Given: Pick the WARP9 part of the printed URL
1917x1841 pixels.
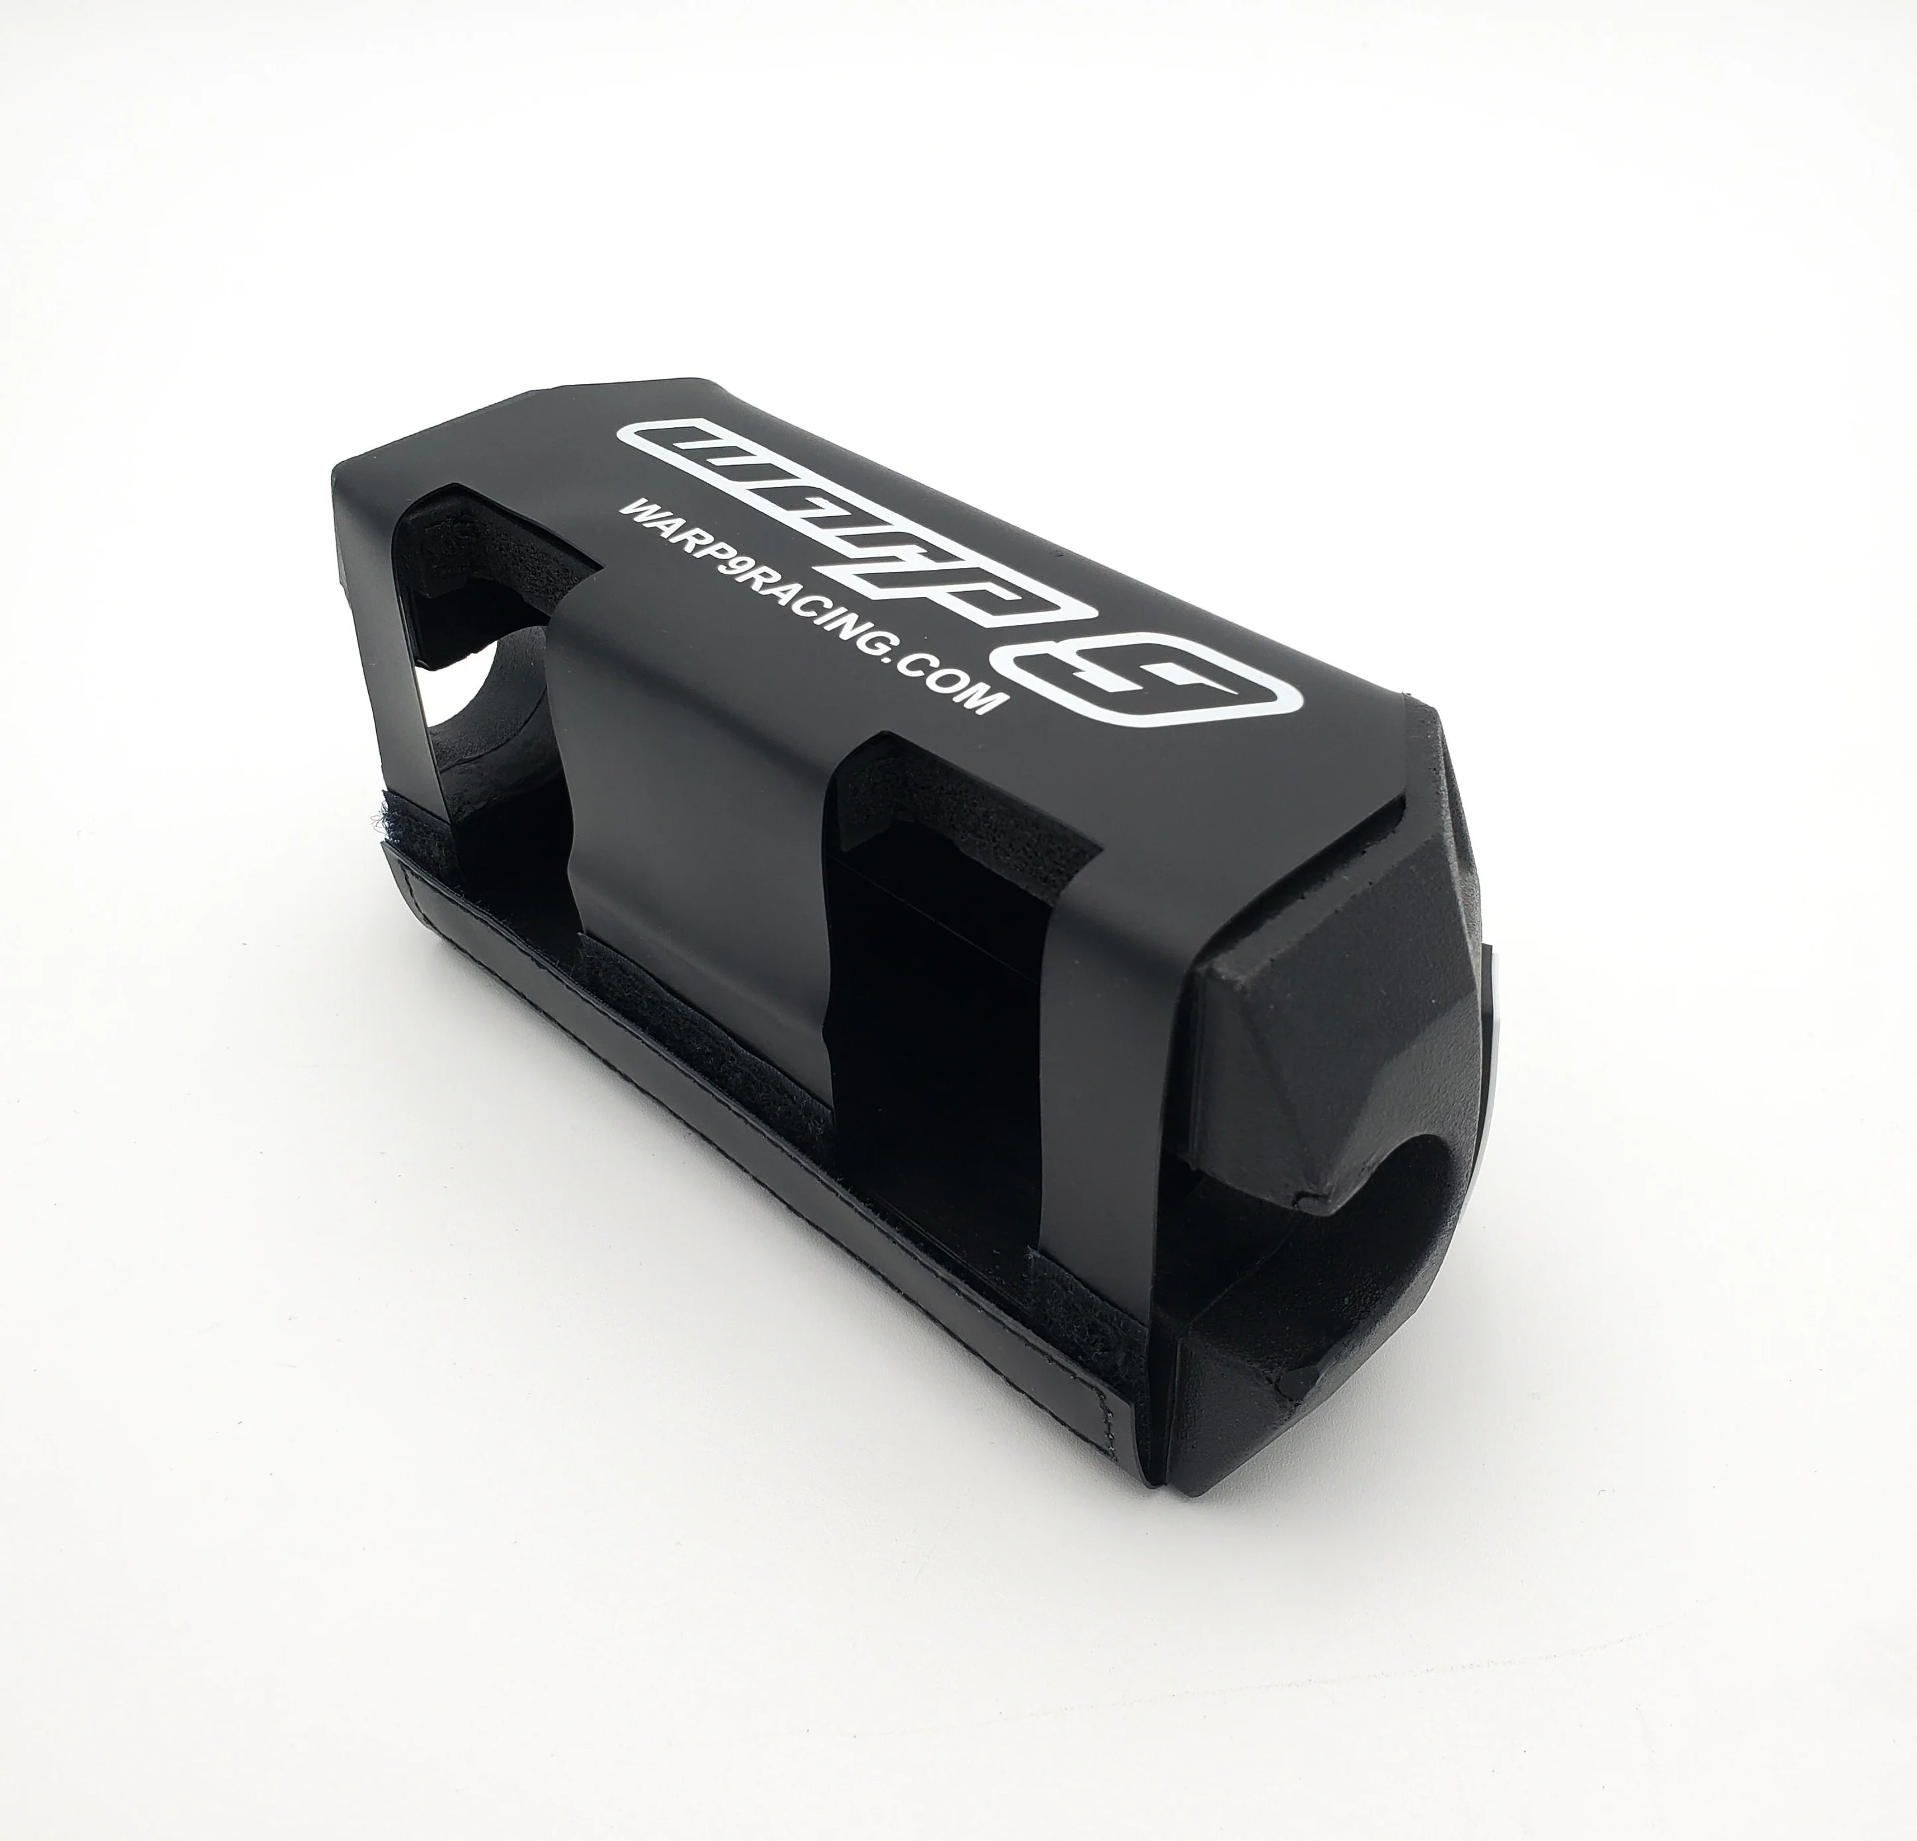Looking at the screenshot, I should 685,543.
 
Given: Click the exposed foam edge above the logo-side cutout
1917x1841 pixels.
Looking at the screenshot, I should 518,528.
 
